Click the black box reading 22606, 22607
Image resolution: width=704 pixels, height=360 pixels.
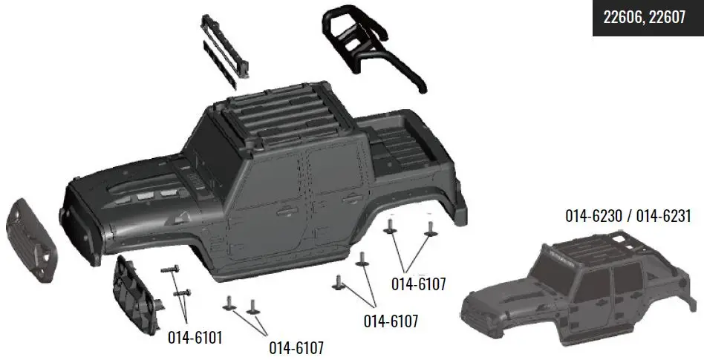[644, 18]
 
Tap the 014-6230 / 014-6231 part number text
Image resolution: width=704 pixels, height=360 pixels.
[628, 217]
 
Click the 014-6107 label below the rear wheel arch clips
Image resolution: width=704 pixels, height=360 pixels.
[417, 283]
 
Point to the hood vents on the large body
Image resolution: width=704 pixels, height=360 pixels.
[145, 195]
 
